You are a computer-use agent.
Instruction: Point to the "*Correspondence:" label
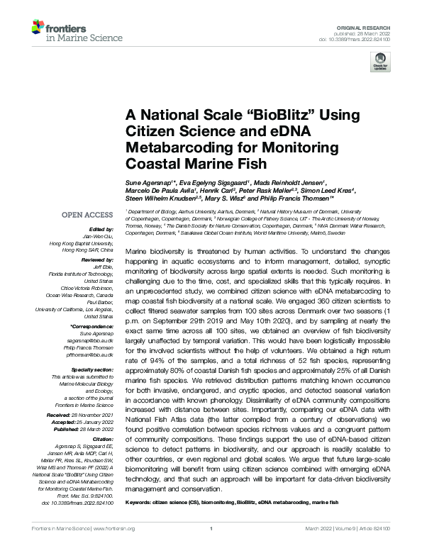tap(94, 326)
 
